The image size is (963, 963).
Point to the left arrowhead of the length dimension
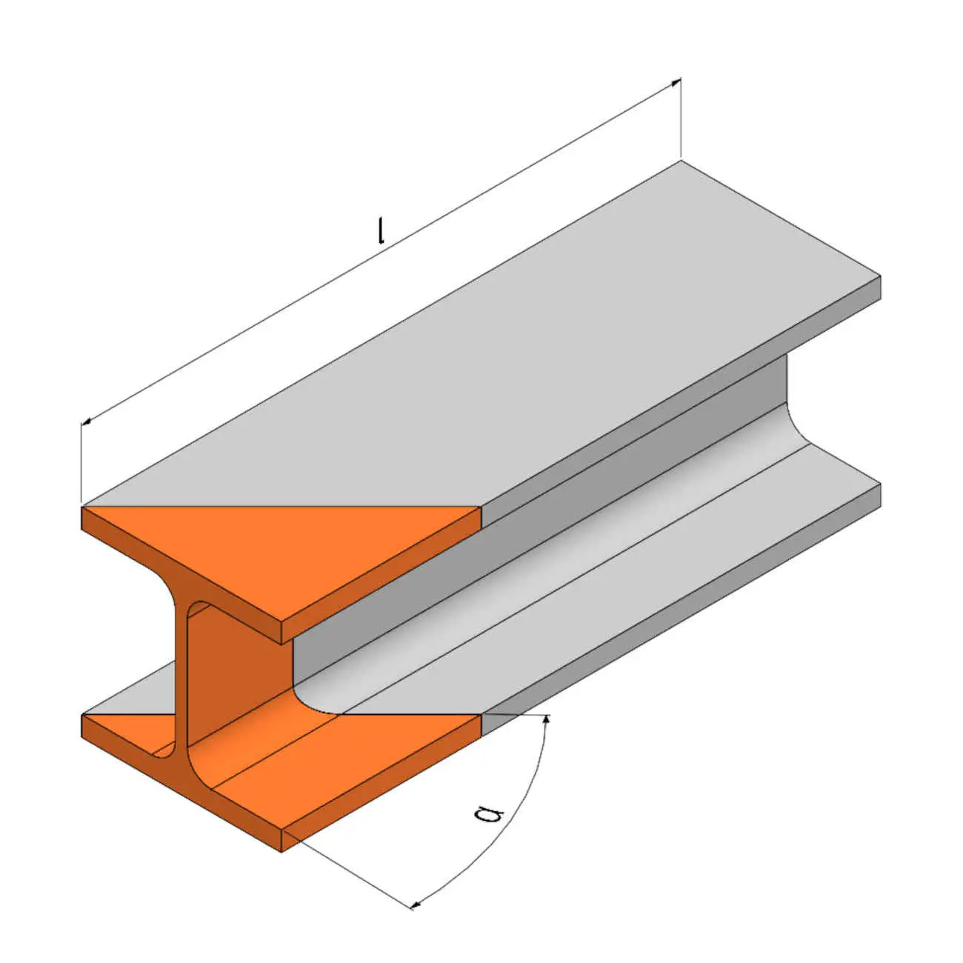[x=86, y=421]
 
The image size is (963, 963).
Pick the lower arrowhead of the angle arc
[x=416, y=904]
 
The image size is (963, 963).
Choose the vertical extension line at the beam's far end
[x=681, y=119]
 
